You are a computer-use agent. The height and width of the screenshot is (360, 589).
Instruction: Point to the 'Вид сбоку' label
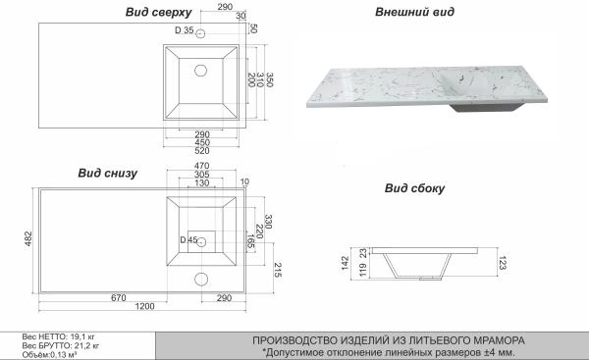tap(413, 188)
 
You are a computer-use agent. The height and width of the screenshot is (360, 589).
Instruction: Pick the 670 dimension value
tap(93, 296)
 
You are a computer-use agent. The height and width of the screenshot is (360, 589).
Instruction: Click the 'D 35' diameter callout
tap(184, 32)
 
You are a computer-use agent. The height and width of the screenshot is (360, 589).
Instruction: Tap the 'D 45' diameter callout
tap(187, 240)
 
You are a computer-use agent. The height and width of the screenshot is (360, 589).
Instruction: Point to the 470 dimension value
tap(201, 167)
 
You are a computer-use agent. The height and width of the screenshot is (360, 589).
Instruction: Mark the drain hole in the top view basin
tap(201, 71)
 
